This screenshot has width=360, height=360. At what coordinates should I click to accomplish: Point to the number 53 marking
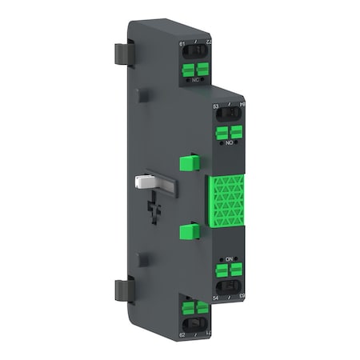216,105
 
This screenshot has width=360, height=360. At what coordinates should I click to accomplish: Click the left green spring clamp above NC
188,70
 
